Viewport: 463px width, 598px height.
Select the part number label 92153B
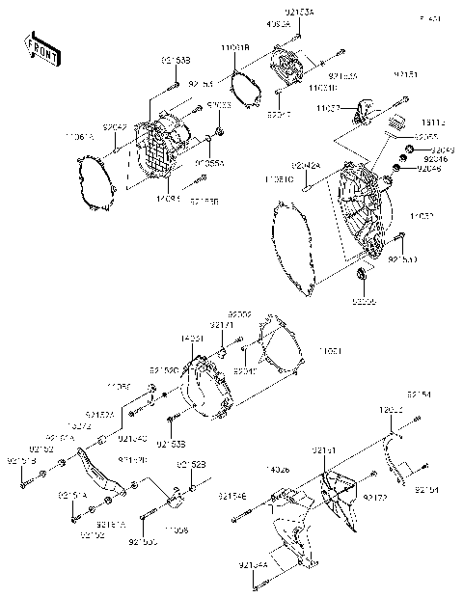pos(175,60)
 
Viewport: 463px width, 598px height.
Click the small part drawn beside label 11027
pos(366,108)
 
